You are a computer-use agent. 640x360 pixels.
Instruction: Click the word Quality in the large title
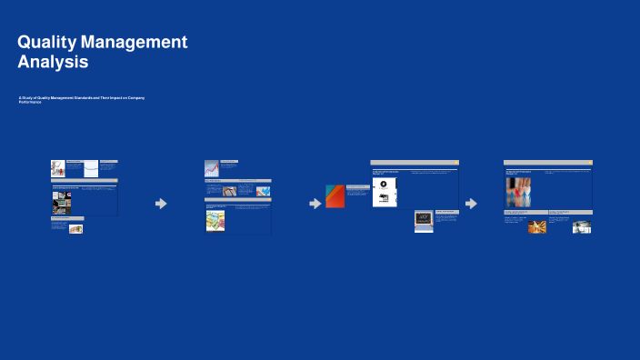(x=45, y=42)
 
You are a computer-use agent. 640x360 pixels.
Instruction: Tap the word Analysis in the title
(x=53, y=63)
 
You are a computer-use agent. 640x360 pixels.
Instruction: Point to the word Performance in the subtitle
(x=30, y=102)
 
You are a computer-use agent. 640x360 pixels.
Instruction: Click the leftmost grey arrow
(x=161, y=204)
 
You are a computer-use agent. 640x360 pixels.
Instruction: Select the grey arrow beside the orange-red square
(x=315, y=204)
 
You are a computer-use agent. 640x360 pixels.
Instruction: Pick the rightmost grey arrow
(x=471, y=204)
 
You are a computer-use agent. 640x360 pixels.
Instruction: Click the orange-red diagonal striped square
(x=335, y=196)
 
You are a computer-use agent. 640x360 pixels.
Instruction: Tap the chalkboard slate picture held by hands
(x=424, y=219)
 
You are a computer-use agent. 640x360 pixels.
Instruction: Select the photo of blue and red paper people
(x=519, y=192)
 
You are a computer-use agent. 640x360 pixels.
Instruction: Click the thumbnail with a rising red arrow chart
(x=212, y=168)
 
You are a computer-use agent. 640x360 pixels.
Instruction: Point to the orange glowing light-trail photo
(x=537, y=226)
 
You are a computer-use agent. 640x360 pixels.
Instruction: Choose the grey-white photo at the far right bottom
(x=582, y=227)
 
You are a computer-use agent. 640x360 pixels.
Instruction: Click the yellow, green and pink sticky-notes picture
(x=215, y=220)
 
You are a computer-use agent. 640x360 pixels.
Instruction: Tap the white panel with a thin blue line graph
(x=91, y=169)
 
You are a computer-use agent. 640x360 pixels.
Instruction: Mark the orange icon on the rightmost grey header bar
(x=588, y=163)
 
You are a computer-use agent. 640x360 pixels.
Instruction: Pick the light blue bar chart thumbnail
(x=263, y=191)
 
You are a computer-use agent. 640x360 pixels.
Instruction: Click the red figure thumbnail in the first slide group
(x=57, y=169)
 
